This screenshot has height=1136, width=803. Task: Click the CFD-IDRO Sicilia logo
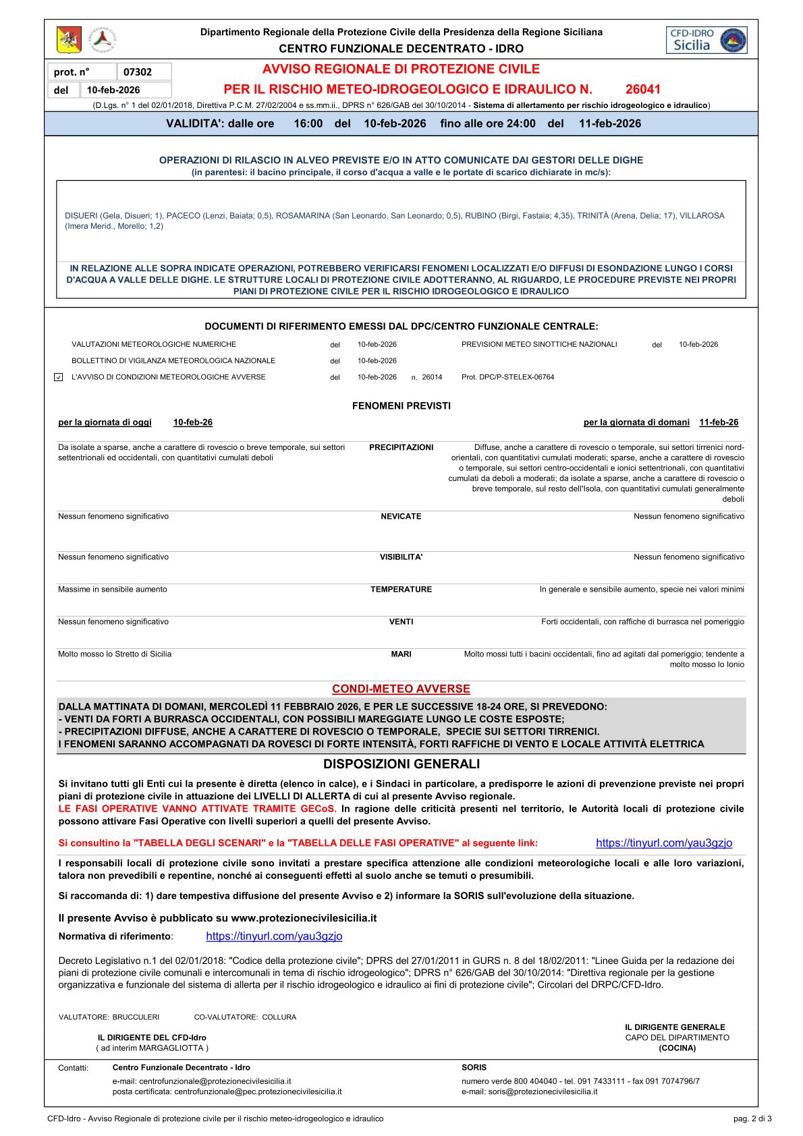[x=705, y=40]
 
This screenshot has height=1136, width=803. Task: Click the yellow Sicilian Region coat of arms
[x=69, y=41]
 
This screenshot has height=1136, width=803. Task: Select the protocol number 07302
[x=138, y=72]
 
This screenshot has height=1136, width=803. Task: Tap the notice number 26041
[x=642, y=89]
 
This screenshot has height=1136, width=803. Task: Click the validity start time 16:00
[x=308, y=123]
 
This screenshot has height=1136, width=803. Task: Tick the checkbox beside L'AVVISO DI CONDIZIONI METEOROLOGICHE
[x=58, y=377]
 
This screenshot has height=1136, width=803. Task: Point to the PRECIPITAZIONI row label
[x=401, y=447]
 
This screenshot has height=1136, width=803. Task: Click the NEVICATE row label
[x=401, y=516]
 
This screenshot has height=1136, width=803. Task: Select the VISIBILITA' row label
[x=401, y=557]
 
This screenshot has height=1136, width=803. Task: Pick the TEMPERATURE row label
[x=401, y=589]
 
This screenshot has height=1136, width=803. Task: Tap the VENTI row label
[x=401, y=621]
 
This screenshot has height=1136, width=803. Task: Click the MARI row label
[x=401, y=654]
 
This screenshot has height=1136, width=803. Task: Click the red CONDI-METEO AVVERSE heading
[x=401, y=689]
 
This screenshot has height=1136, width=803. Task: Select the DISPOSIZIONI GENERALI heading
[x=401, y=764]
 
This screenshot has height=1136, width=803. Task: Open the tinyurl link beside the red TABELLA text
[x=664, y=843]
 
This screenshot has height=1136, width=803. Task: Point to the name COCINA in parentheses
[x=677, y=1048]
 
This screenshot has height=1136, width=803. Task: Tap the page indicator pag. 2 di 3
[x=752, y=1118]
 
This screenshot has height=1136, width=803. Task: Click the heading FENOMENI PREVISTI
[x=401, y=405]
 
